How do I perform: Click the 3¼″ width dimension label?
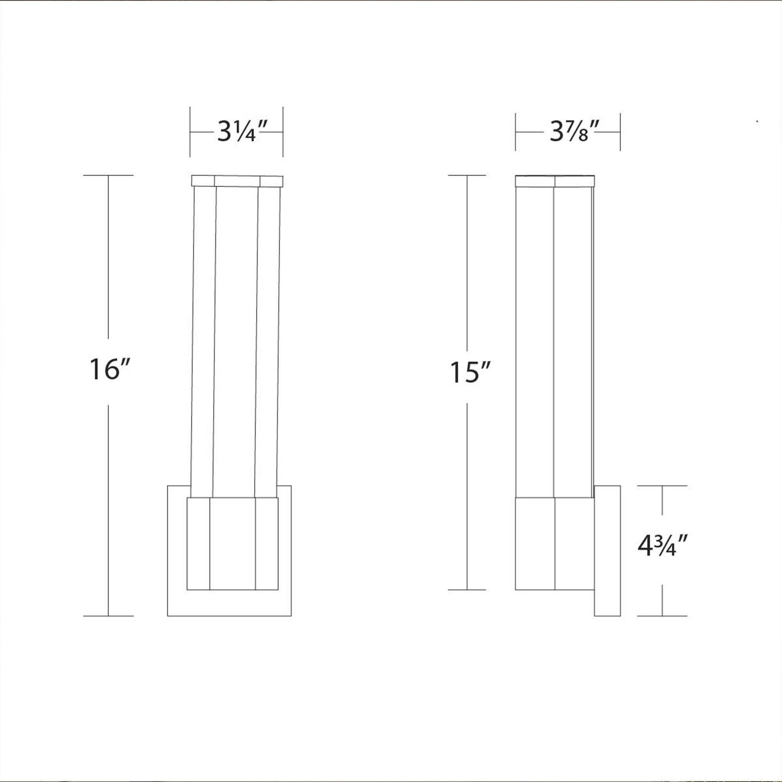click(x=242, y=131)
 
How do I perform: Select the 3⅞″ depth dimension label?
click(x=574, y=131)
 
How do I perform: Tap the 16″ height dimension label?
click(x=109, y=369)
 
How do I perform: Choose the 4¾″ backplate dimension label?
click(x=662, y=546)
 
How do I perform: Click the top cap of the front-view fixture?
click(x=237, y=181)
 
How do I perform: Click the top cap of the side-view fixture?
click(x=554, y=181)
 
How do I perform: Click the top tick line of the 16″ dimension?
click(x=108, y=175)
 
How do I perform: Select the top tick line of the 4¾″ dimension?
click(x=662, y=486)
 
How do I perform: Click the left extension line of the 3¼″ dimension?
click(x=190, y=131)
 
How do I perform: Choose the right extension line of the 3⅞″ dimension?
click(x=620, y=131)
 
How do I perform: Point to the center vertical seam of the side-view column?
click(x=554, y=340)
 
